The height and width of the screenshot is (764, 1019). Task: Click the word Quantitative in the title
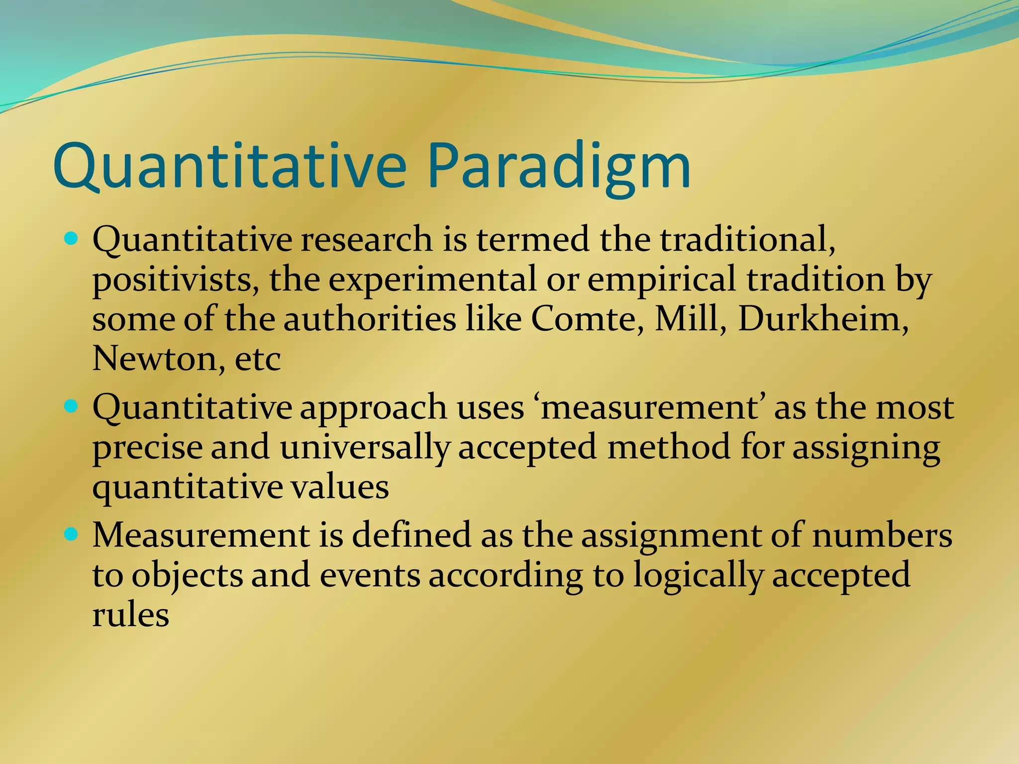[x=229, y=167]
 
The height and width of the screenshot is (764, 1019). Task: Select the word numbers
[x=882, y=535]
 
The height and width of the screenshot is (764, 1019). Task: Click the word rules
[x=130, y=615]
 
